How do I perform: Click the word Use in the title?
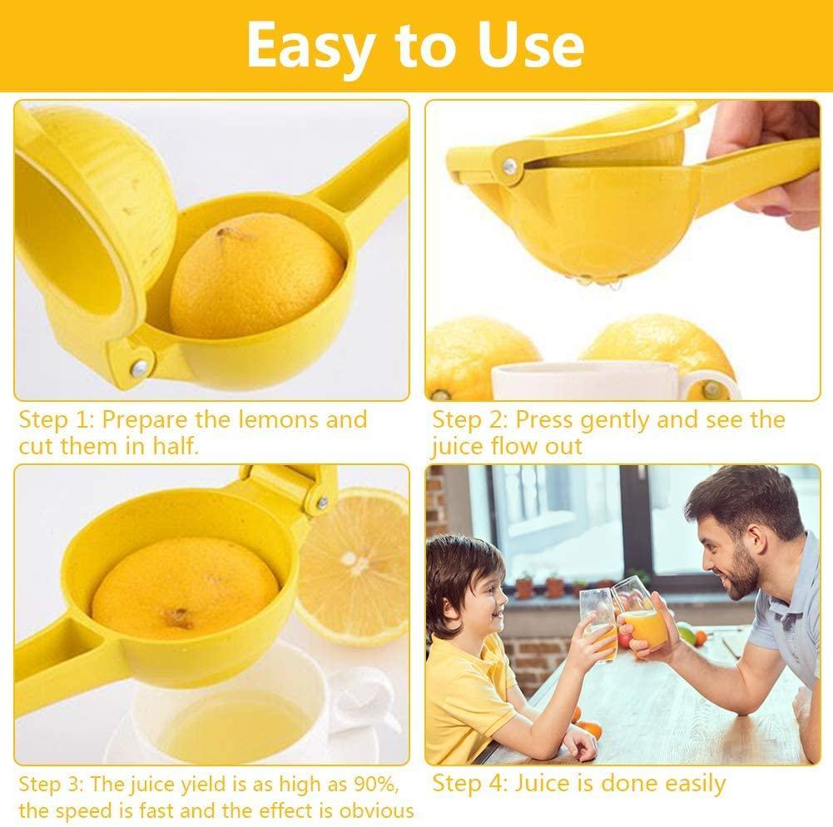tap(532, 46)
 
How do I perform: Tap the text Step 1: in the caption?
tap(56, 419)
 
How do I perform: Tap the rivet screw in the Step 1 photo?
tap(138, 366)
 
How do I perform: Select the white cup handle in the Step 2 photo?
tap(712, 385)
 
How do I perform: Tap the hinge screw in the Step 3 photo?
tap(321, 502)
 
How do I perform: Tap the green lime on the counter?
tap(686, 633)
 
